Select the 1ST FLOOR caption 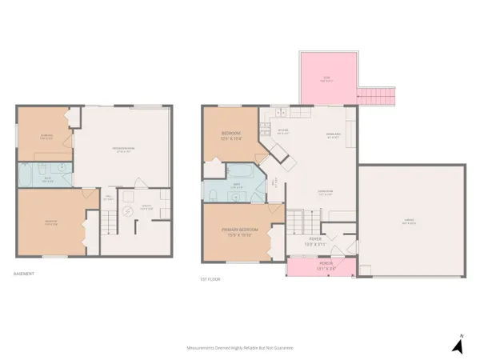point(210,279)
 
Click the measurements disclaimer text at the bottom point(240,348)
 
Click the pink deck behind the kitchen point(326,79)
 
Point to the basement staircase point(110,222)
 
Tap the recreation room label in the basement point(122,150)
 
